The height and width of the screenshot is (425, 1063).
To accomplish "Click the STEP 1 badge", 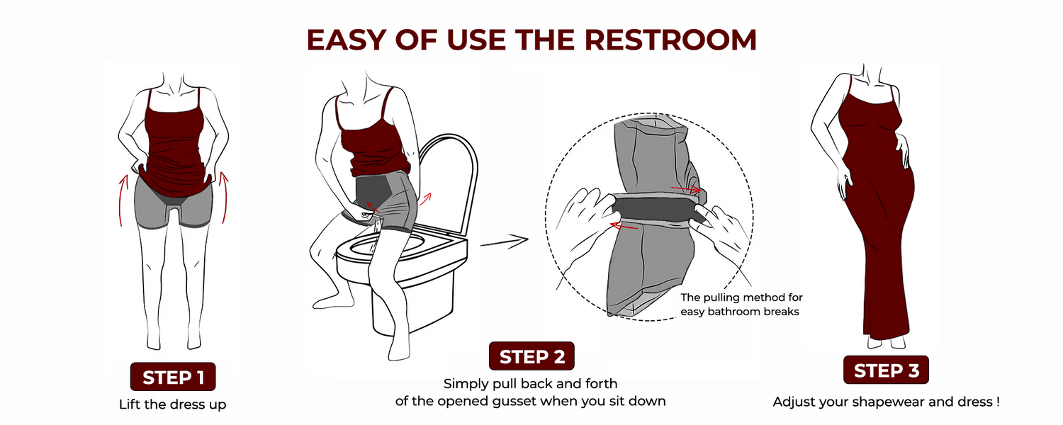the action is click(173, 377).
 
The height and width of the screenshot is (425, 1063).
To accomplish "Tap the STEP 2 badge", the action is click(531, 356).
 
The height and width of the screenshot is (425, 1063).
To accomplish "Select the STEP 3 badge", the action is click(886, 370).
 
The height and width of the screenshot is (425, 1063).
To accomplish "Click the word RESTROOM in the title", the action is click(670, 40).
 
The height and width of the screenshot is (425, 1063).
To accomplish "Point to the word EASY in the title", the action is click(346, 40).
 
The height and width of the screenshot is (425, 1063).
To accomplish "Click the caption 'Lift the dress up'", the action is click(173, 404).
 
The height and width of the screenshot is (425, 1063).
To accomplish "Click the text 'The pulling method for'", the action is click(741, 297).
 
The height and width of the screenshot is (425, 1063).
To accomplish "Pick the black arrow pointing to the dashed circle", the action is click(504, 242).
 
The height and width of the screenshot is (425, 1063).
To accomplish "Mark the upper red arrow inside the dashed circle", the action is click(686, 189).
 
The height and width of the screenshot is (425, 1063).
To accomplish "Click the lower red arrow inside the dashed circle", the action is click(624, 225).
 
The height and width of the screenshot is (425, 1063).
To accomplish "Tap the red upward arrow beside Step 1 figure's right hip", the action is click(223, 198).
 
